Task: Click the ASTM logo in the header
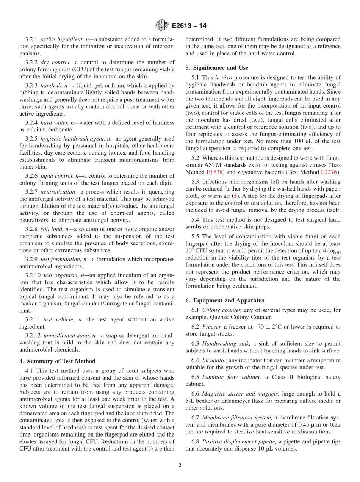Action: click(x=162, y=26)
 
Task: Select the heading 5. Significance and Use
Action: click(x=217, y=68)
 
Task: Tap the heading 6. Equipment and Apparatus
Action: click(x=225, y=300)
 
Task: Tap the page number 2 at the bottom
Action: click(x=180, y=466)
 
